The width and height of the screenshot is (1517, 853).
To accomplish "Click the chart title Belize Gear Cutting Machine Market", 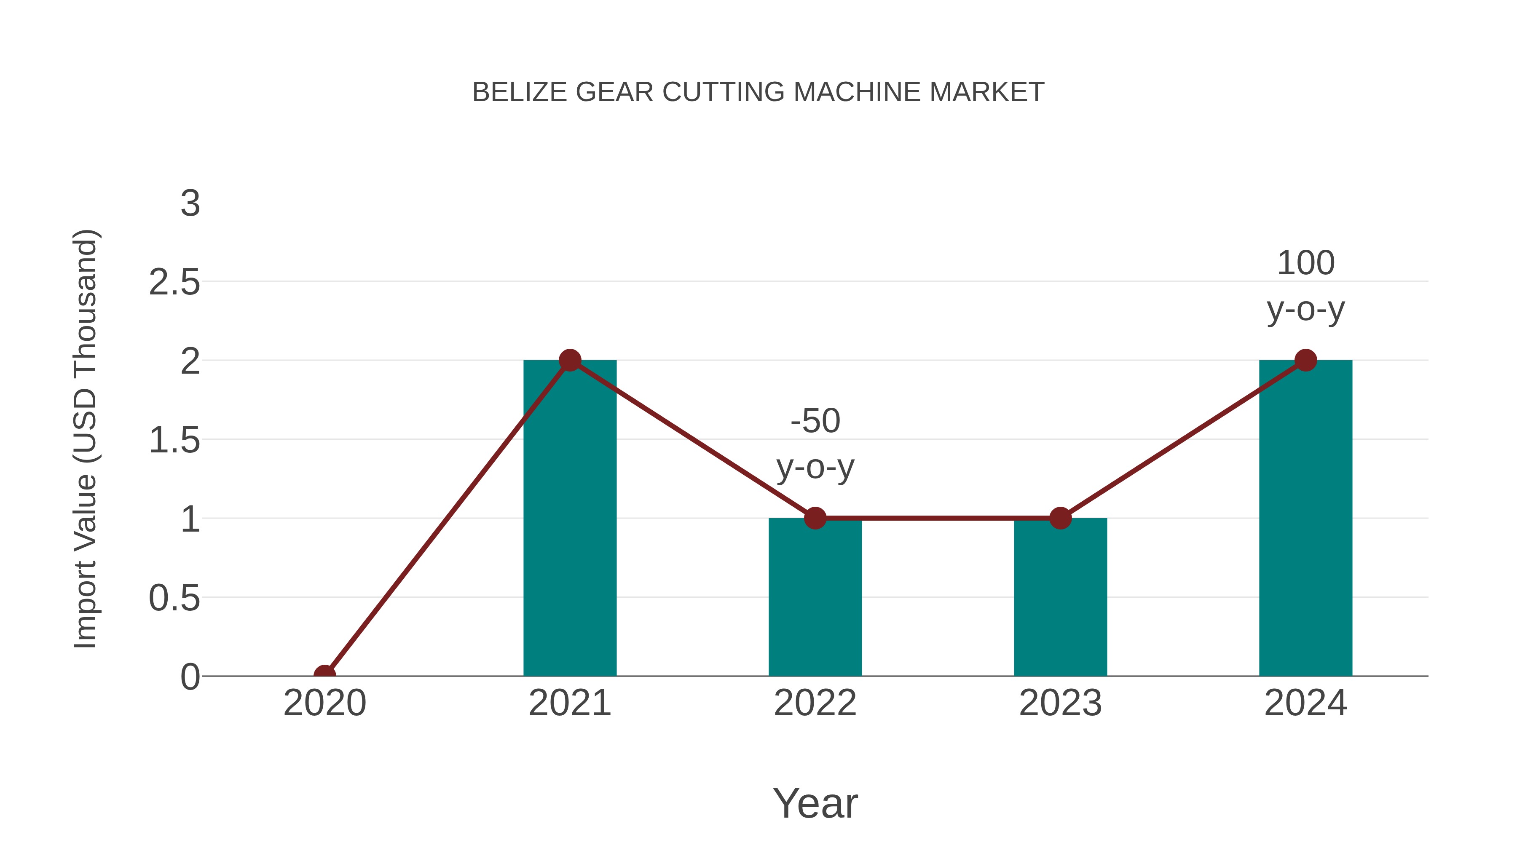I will tap(758, 92).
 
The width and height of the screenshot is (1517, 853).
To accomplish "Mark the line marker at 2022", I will tap(815, 518).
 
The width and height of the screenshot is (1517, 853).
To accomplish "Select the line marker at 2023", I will tap(1060, 518).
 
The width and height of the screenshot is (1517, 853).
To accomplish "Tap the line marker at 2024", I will tap(1305, 360).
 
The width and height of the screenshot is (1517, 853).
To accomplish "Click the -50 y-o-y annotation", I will tap(815, 444).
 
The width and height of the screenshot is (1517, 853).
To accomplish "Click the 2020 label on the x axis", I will tap(324, 703).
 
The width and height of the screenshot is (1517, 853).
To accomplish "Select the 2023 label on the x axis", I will tap(1060, 703).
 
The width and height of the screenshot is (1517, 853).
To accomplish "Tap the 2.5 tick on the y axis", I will tap(174, 283).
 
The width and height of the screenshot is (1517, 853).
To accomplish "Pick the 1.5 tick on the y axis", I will tap(174, 440).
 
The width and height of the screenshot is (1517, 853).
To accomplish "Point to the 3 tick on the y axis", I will tap(190, 204).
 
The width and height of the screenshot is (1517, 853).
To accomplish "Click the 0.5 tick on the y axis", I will tap(174, 598).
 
